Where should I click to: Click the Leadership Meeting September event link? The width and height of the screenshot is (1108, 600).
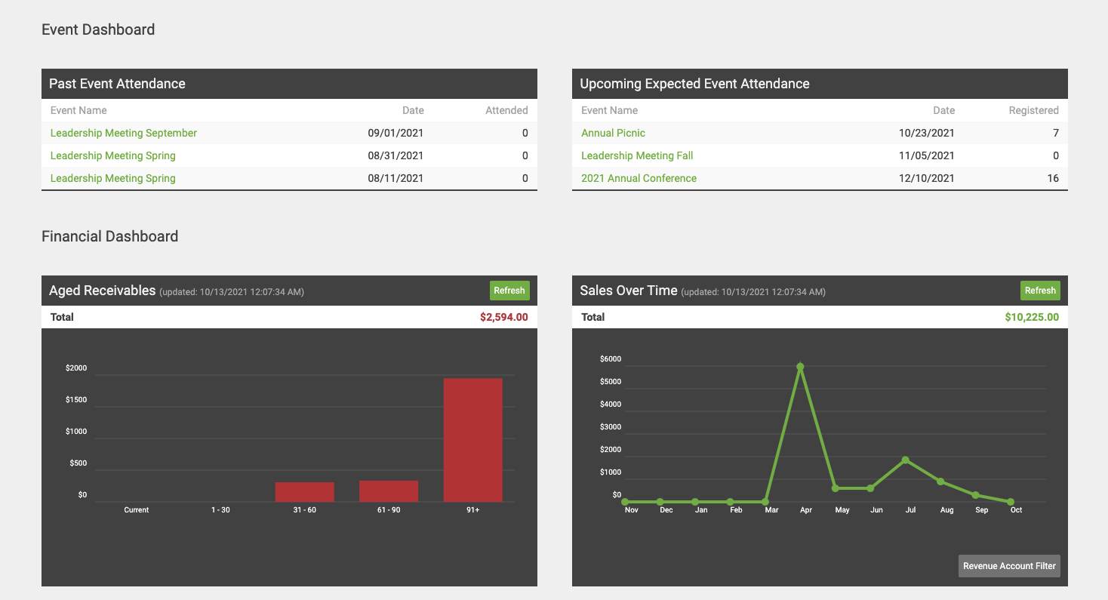point(123,133)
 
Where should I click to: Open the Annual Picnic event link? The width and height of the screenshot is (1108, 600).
point(613,133)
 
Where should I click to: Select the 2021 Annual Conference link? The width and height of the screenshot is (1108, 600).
point(639,178)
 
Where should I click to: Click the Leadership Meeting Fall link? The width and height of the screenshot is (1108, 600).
point(637,155)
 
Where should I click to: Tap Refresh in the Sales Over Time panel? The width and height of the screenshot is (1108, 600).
point(1040,291)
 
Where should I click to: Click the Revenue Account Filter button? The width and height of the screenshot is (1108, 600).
point(1009,566)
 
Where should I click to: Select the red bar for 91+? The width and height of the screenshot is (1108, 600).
point(472,439)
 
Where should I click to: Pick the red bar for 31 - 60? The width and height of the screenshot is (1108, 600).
point(304,492)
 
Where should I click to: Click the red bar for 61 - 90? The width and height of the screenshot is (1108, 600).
point(389,491)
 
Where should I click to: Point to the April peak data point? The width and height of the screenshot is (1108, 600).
point(800,367)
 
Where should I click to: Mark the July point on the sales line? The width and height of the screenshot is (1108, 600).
point(905,460)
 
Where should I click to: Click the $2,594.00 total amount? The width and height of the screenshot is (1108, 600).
point(503,317)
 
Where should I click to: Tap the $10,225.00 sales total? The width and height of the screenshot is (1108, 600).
point(1031,317)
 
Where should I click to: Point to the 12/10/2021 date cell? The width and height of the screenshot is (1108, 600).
point(926,178)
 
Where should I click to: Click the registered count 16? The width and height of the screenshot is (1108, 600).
point(1052,178)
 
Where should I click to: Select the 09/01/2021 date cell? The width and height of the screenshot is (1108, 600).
point(395,133)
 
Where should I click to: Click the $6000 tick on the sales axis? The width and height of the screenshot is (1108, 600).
point(610,359)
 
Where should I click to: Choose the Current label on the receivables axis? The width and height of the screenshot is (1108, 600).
point(137,510)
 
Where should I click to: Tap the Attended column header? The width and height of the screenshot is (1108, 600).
point(506,110)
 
